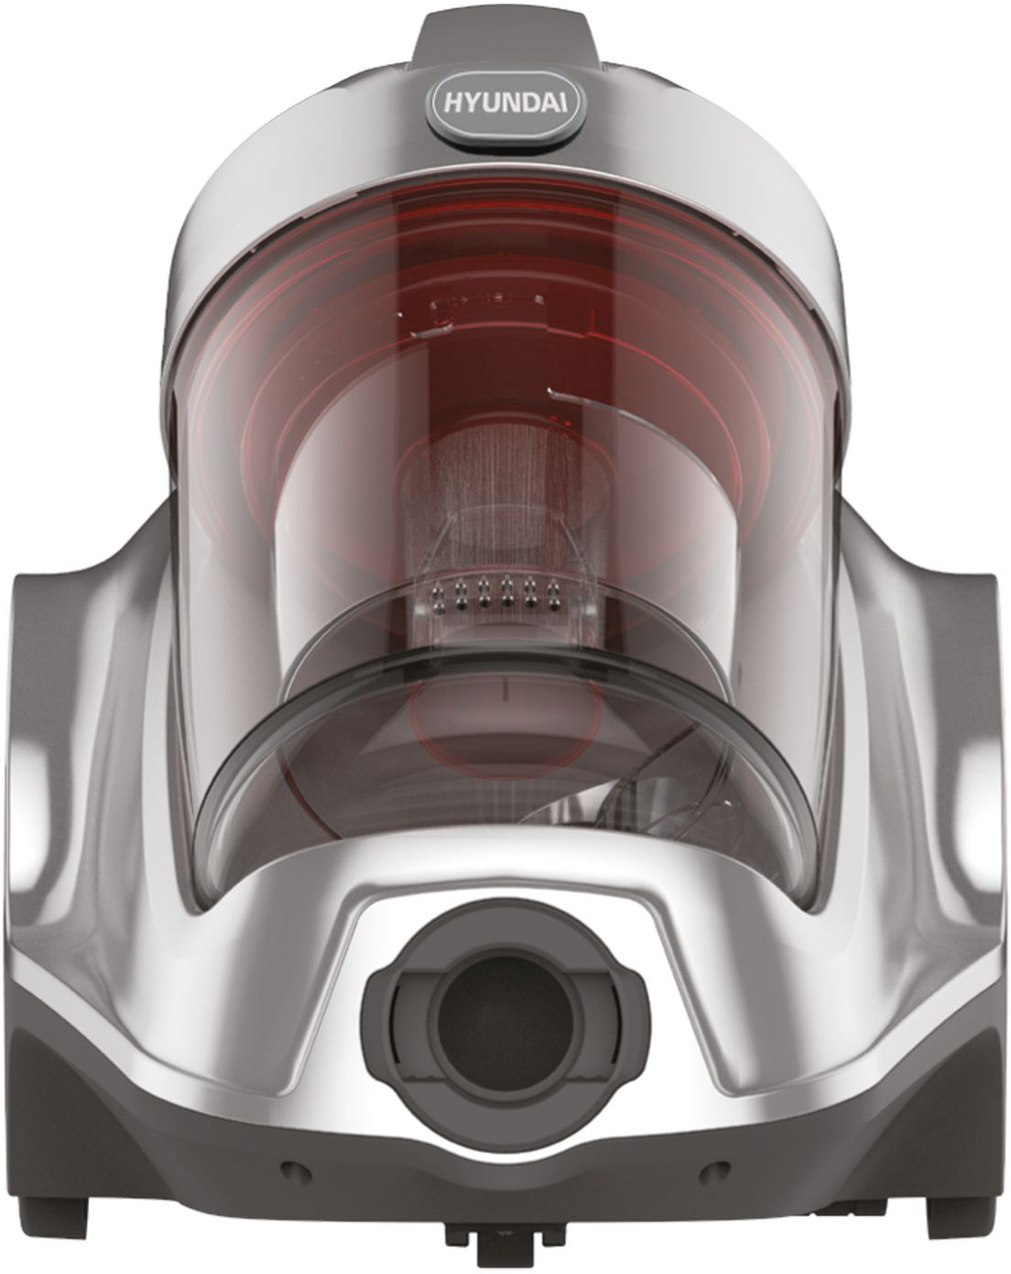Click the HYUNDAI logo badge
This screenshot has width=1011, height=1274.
click(x=505, y=105)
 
